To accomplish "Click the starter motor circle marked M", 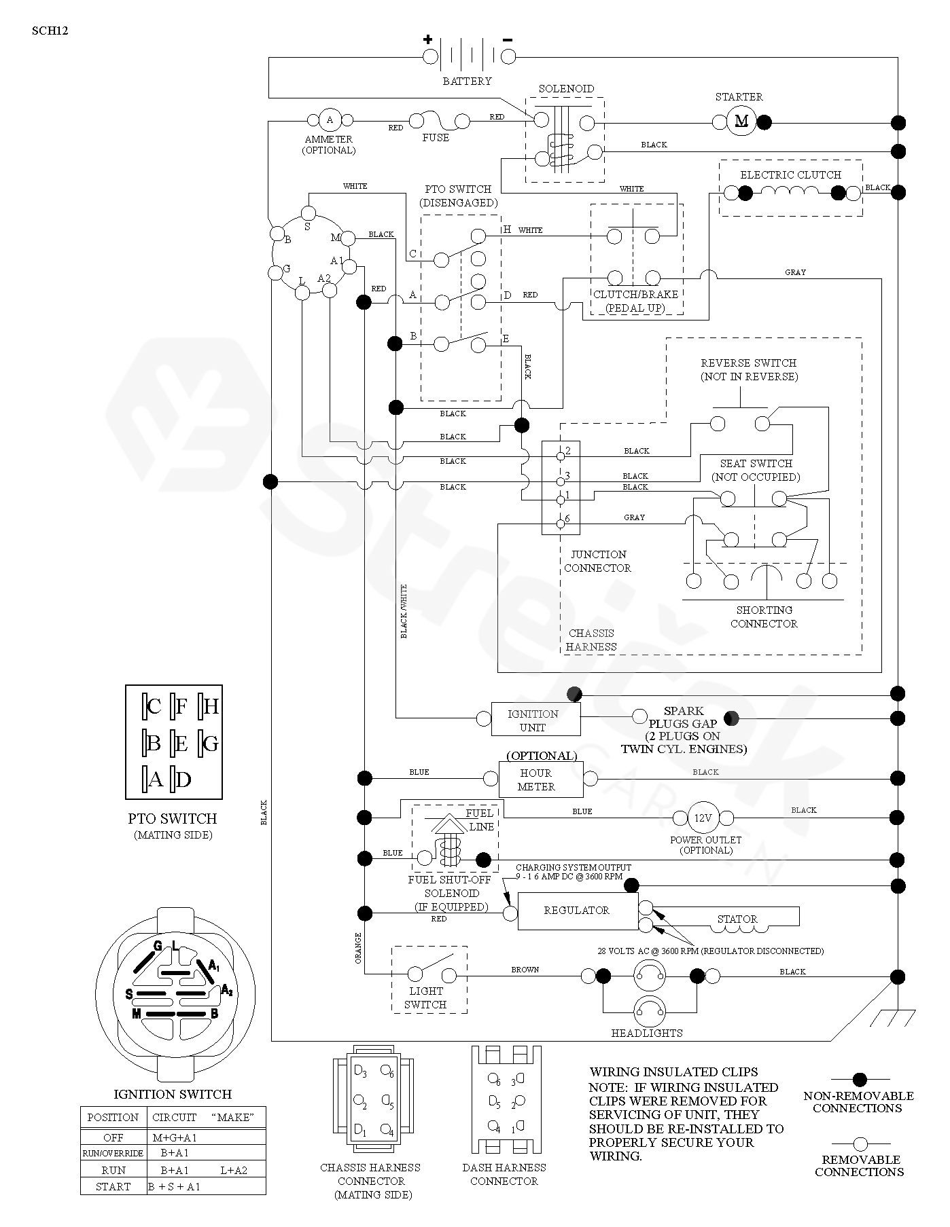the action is tap(741, 121).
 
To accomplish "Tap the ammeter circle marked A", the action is tap(330, 120).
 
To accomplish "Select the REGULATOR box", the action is tap(578, 911).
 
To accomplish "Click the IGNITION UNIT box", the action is tap(535, 719).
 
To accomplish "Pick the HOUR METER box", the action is tap(541, 780).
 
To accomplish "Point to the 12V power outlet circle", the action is tap(702, 818).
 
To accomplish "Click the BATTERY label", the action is tap(467, 81).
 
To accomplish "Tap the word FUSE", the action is tap(436, 137).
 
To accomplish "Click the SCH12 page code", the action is tap(50, 31).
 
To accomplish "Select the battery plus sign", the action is tap(428, 39).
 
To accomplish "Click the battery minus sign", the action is tap(507, 40).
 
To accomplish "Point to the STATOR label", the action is tap(737, 919).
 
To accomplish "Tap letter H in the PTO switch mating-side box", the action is tap(211, 707).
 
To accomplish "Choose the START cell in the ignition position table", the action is tap(113, 1186).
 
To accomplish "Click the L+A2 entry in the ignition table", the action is tap(234, 1170).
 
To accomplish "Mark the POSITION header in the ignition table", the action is tap(113, 1117).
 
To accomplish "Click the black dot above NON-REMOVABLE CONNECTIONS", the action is tap(860, 1079).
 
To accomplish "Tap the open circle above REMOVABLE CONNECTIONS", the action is tap(860, 1143).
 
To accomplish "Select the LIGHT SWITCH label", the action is tap(425, 997).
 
